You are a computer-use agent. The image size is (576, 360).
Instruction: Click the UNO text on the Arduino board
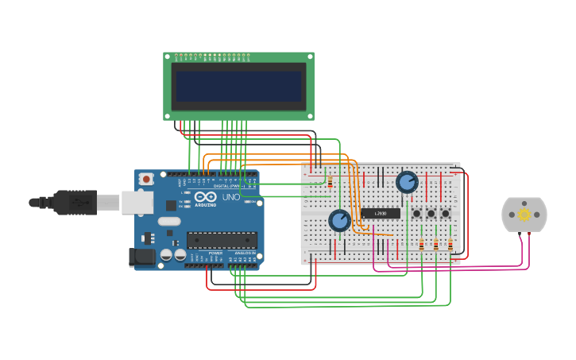(x=230, y=197)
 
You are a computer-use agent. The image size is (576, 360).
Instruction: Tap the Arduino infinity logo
(x=205, y=197)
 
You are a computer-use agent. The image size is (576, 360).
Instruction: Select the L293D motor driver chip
(x=381, y=213)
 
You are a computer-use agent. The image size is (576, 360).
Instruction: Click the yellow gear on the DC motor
(x=524, y=215)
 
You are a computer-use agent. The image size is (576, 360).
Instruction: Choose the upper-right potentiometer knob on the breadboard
(x=407, y=182)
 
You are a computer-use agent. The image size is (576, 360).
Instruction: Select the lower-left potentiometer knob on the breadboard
(x=339, y=220)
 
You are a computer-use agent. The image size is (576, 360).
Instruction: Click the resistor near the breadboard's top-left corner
(x=330, y=183)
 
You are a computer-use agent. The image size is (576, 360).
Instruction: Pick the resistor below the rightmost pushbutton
(x=450, y=245)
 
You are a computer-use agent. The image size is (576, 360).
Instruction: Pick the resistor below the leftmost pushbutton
(x=421, y=245)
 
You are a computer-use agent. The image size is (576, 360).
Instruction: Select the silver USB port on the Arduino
(x=137, y=203)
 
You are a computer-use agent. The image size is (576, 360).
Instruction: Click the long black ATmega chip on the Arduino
(x=222, y=240)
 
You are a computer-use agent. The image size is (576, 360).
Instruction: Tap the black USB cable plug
(x=75, y=203)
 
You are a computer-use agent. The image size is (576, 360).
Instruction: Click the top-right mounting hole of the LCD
(x=310, y=56)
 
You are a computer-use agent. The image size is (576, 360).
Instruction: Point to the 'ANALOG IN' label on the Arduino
(x=244, y=253)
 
